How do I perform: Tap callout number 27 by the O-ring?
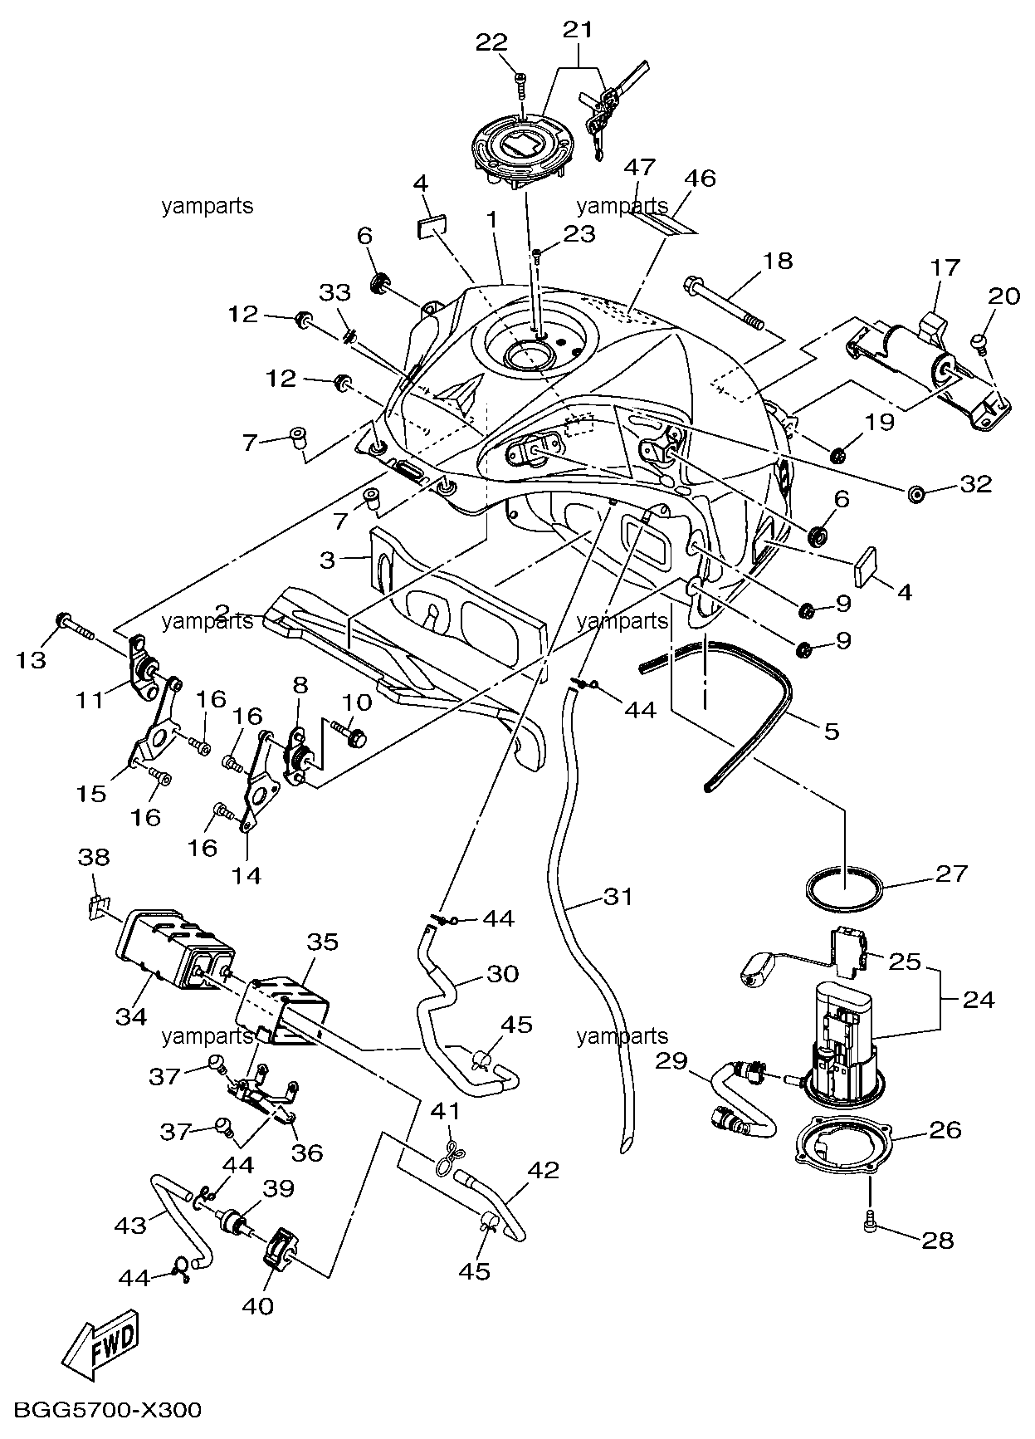pyautogui.click(x=952, y=873)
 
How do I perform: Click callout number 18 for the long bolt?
pyautogui.click(x=777, y=262)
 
